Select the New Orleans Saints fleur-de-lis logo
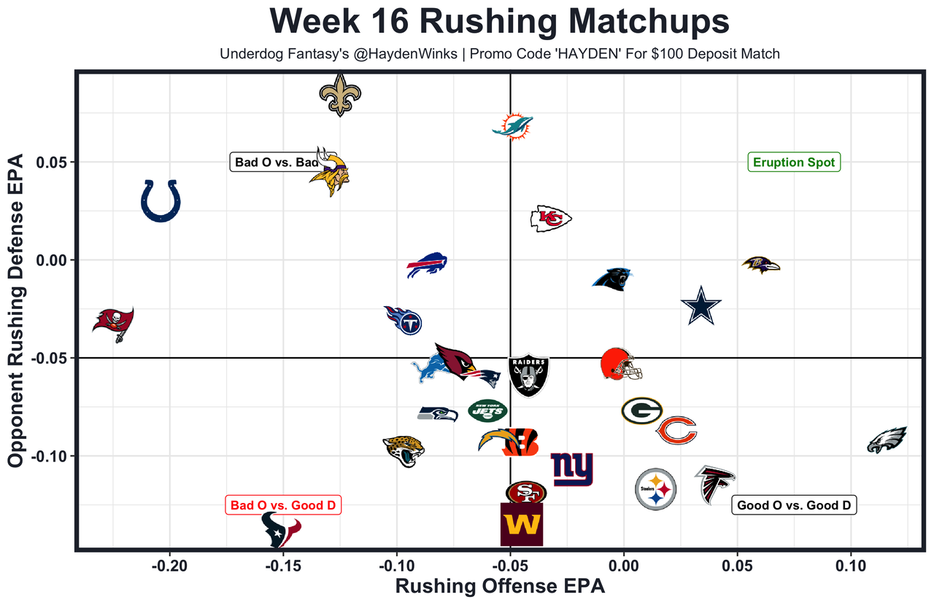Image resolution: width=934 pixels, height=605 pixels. coord(341,94)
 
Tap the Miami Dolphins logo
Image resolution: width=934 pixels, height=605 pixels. coord(512,126)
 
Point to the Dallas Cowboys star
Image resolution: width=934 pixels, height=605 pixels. coord(700,307)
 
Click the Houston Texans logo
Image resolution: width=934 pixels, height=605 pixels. coord(282,530)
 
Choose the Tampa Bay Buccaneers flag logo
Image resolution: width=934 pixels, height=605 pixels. coord(113,323)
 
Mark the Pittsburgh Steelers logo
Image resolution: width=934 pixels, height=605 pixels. coord(656,489)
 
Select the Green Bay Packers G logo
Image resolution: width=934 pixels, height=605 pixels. coord(641,411)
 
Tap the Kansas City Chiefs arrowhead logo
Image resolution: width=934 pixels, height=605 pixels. coord(550,218)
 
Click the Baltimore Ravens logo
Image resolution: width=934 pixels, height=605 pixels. coord(760,265)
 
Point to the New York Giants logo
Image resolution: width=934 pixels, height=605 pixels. coord(571,469)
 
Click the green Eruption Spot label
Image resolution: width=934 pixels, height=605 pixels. coord(793,163)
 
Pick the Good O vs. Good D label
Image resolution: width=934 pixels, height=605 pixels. coord(793,505)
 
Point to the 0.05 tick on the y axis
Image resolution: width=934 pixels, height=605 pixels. coord(56,162)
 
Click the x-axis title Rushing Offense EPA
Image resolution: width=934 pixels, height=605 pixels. coord(500,587)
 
